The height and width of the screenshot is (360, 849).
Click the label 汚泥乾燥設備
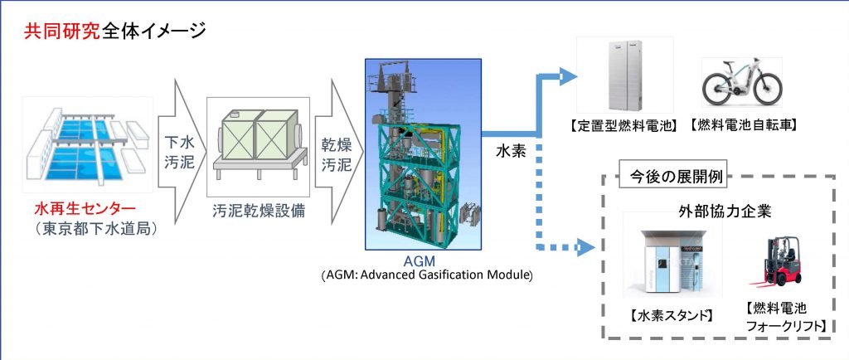258,210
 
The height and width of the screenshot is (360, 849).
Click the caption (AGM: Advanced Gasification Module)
424,275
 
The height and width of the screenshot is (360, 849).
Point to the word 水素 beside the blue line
508,154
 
